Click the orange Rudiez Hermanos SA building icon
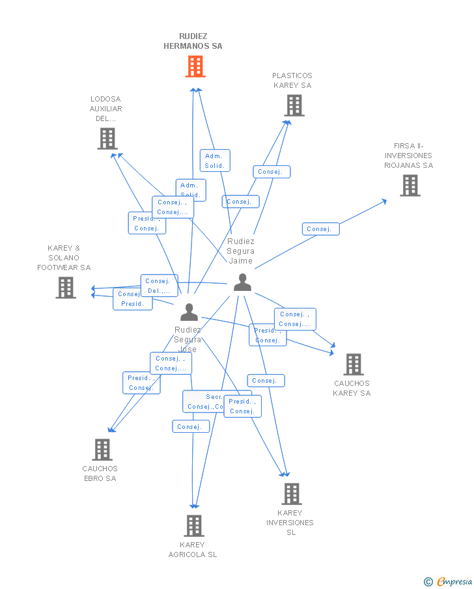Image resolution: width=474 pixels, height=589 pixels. [195, 66]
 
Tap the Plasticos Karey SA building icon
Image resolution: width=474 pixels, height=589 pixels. [294, 105]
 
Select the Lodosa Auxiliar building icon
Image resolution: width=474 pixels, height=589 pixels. [107, 139]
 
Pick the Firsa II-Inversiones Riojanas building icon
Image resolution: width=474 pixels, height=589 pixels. [410, 185]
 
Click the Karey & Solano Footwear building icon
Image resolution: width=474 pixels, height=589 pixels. [66, 288]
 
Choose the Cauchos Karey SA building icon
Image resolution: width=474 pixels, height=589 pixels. [354, 364]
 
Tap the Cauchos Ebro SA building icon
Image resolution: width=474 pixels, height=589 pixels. [102, 450]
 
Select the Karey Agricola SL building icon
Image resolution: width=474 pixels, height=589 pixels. [194, 526]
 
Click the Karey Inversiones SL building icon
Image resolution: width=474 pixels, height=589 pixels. [291, 494]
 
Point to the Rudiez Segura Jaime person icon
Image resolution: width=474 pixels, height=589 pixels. [242, 282]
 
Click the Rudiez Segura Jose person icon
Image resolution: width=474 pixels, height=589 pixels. [189, 312]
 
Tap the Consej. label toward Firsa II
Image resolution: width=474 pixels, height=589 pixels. [320, 229]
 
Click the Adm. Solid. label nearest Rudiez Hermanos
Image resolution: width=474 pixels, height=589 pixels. [215, 161]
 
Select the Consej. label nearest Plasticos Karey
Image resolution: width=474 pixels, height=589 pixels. [272, 172]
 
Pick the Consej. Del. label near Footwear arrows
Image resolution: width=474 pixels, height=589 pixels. [159, 286]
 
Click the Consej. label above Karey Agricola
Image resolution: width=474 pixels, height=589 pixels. [191, 427]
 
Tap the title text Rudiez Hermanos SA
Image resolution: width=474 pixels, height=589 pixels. [193, 41]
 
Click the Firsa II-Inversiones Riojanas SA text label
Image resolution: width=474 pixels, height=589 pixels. [408, 156]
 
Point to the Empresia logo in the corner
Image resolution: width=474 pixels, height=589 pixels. [449, 581]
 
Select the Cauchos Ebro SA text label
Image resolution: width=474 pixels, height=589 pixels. [100, 473]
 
